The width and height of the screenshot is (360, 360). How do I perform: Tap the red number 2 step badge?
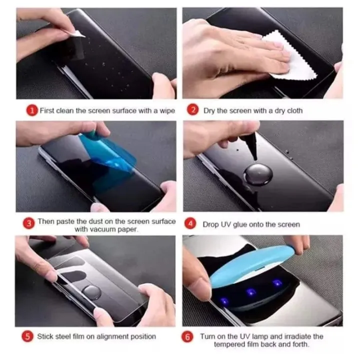[192, 110]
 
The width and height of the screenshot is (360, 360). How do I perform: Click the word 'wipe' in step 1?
[166, 110]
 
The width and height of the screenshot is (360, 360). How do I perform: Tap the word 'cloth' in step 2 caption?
[293, 110]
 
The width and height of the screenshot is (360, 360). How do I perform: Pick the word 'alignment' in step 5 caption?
[103, 336]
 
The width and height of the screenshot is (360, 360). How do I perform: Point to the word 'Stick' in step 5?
[46, 336]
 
